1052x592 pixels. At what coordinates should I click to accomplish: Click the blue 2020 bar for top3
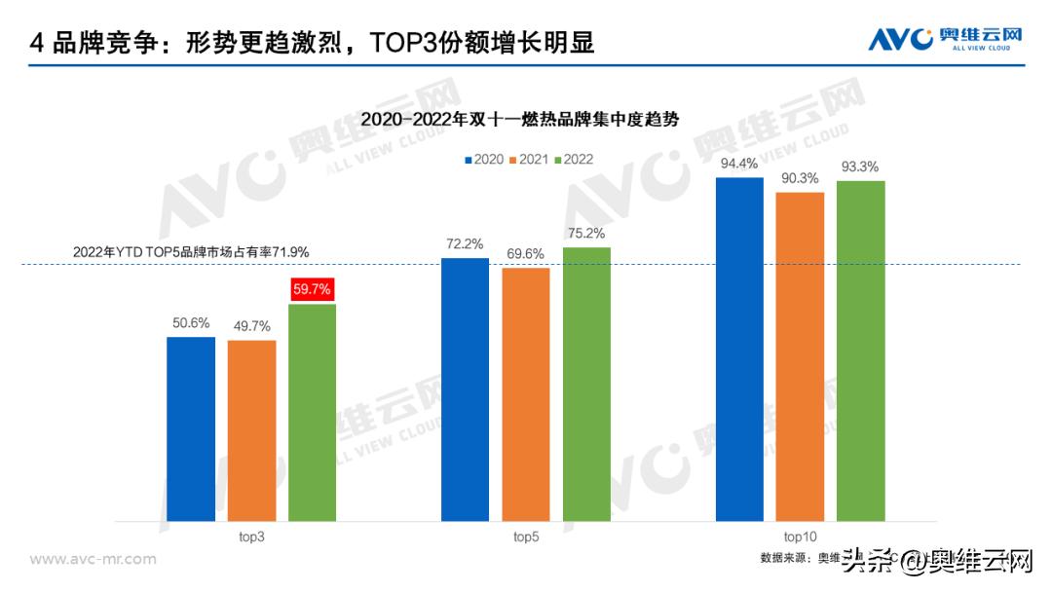pos(190,428)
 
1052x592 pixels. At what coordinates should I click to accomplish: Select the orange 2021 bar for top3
pos(251,430)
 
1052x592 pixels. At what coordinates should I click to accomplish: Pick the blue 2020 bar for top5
pos(465,389)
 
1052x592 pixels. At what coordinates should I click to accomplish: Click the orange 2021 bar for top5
pos(526,394)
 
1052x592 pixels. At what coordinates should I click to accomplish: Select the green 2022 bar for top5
pos(586,385)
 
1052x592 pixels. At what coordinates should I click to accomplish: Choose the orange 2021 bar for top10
pos(800,356)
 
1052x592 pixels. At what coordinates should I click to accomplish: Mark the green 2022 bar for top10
pos(860,351)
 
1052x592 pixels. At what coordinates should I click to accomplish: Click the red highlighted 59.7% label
pos(312,289)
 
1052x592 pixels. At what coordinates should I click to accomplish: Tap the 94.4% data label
pos(739,164)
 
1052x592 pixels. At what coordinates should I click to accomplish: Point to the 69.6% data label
pos(526,253)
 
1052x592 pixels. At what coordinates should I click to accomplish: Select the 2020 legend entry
pos(483,159)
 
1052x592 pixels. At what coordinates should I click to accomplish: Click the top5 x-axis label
pos(526,536)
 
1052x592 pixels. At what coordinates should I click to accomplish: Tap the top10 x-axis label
pos(800,536)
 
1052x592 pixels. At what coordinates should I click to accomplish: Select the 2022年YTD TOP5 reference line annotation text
pos(191,252)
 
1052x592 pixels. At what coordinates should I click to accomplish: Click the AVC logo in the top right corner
pos(946,39)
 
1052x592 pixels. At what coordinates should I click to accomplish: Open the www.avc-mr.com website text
pos(93,559)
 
